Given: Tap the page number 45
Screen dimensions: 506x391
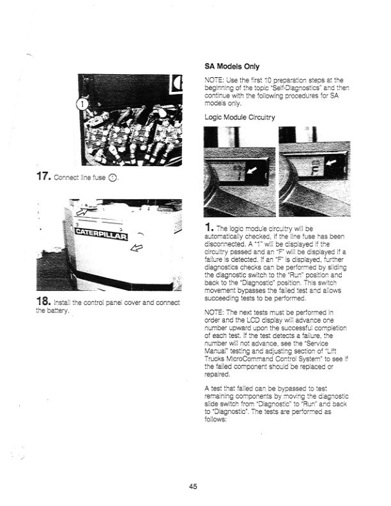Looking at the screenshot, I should [193, 486].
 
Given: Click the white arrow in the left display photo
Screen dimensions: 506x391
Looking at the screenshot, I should [255, 171].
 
